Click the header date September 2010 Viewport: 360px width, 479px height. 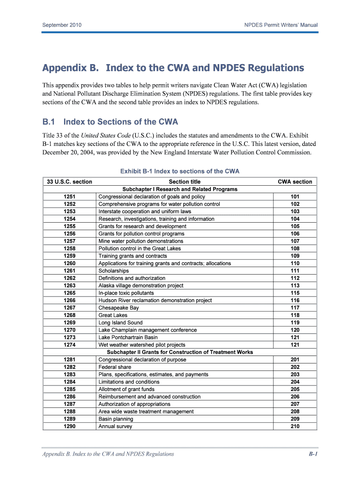[62, 25]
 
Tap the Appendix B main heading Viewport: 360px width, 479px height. [173, 68]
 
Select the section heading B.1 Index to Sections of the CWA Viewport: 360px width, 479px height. [110, 122]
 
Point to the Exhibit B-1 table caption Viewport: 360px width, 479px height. [180, 171]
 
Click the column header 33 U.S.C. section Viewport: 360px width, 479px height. [70, 181]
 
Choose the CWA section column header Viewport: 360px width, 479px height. [295, 181]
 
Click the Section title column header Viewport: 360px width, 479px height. [185, 181]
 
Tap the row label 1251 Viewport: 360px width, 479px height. [70, 197]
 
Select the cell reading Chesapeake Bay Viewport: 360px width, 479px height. [118, 308]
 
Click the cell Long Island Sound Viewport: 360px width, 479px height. [121, 323]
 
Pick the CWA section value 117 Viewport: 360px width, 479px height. [295, 308]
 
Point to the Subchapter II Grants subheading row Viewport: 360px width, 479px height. [180, 352]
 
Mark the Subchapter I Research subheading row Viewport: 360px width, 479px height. [180, 189]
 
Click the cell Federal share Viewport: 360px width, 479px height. [115, 367]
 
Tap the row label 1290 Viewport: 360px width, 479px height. [70, 426]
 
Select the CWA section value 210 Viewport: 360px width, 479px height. [295, 426]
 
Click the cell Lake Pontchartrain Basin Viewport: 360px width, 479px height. [128, 337]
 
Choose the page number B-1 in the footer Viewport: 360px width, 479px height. [313, 454]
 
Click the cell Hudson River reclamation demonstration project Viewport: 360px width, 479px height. [155, 300]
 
